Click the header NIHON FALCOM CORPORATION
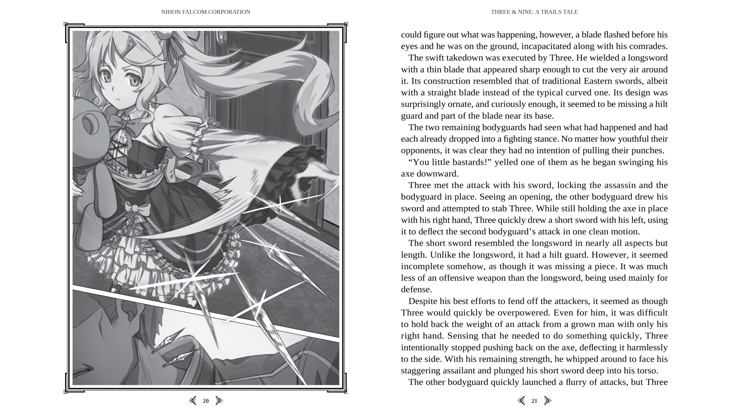205,12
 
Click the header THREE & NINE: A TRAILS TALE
534,12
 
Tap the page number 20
206,401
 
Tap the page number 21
534,401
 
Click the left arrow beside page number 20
193,401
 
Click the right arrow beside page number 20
219,401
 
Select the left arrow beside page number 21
521,401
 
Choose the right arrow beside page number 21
547,401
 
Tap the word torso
647,371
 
